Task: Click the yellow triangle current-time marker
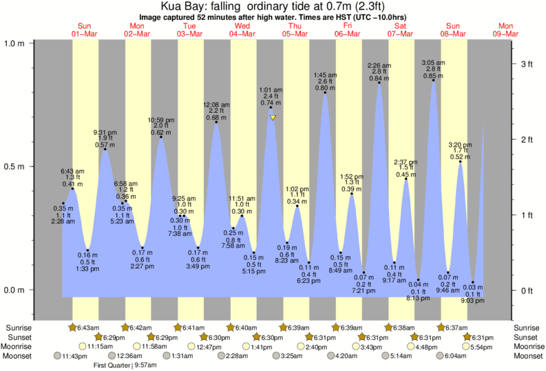coord(273,118)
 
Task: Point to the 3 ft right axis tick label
coord(527,64)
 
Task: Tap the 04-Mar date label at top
coord(242,34)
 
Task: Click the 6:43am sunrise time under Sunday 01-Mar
coord(90,327)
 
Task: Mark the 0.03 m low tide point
coord(473,282)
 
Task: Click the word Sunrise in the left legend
coord(19,327)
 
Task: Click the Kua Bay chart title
coord(273,6)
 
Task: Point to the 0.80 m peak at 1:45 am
coord(326,93)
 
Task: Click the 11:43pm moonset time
coord(75,356)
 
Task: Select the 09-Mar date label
coord(506,34)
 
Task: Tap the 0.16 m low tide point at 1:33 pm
coord(88,250)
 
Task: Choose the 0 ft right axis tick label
coord(527,290)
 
